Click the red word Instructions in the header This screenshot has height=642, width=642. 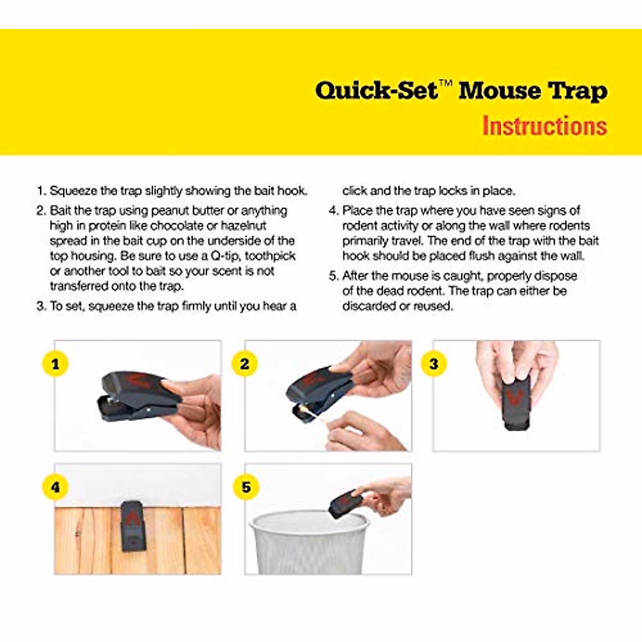544,126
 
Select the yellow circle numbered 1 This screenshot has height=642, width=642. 55,364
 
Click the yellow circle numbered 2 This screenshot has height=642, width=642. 244,364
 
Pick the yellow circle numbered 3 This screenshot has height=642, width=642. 434,364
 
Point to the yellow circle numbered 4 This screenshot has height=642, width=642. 55,487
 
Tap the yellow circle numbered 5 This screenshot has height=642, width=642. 246,487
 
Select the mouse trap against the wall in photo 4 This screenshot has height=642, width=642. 132,525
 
